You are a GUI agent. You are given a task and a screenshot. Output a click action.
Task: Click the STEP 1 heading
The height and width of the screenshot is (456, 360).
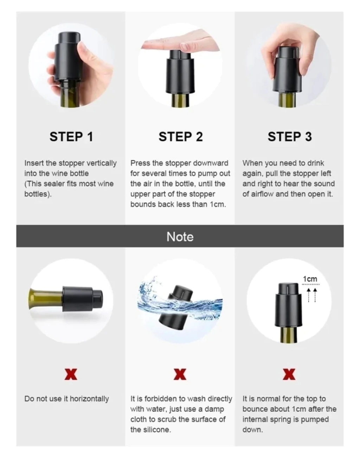click(71, 136)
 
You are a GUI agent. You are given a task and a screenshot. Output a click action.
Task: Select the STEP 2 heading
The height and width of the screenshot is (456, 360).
click(181, 136)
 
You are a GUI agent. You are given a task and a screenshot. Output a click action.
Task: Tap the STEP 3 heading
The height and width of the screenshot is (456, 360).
click(290, 136)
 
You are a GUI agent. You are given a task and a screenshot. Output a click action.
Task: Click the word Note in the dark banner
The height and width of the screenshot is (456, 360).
click(180, 236)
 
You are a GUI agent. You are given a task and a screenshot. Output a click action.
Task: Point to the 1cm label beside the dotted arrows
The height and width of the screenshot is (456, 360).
click(310, 279)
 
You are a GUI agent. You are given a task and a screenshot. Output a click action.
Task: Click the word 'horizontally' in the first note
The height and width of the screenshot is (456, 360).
click(89, 399)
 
